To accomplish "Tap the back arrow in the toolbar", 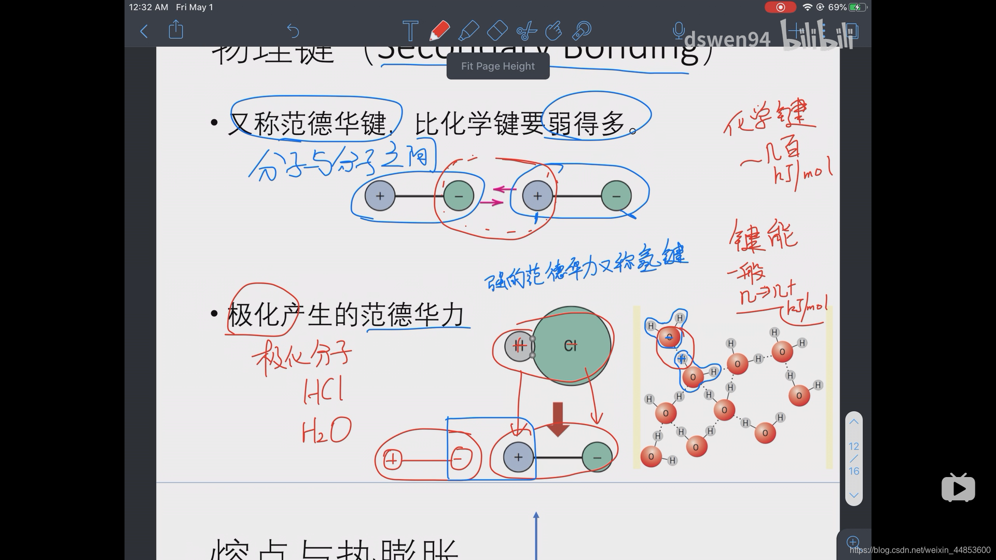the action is coord(144,31).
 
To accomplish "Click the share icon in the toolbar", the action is coord(176,30).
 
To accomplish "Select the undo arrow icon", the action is coord(293,31).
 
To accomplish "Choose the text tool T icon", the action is coord(410,31).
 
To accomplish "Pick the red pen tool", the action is coord(439,31).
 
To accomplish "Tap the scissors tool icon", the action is coord(526,31).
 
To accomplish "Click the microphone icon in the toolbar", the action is coord(678,31).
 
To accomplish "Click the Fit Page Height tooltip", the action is coord(497,66).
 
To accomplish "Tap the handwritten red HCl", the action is coord(323,391).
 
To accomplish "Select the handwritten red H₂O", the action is coord(326,430).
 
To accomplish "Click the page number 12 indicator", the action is coord(854,446).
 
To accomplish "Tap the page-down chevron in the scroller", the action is coord(854,495).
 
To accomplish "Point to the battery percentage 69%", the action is coord(837,7).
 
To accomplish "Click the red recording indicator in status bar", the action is coord(780,7).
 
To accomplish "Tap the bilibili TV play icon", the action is coord(958,488).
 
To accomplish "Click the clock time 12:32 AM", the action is coord(148,7).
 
